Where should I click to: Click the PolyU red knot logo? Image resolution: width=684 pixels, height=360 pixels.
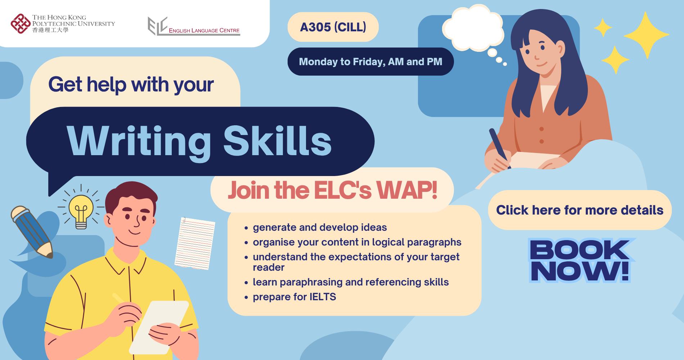pyautogui.click(x=21, y=24)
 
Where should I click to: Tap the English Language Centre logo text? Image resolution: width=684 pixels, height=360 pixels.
pyautogui.click(x=204, y=31)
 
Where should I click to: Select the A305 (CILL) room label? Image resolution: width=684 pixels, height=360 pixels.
pyautogui.click(x=333, y=27)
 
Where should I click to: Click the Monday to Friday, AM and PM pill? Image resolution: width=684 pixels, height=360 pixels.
pyautogui.click(x=370, y=62)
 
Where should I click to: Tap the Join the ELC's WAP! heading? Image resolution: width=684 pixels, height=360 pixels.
pyautogui.click(x=332, y=190)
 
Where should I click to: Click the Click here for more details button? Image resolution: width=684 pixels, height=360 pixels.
pyautogui.click(x=580, y=210)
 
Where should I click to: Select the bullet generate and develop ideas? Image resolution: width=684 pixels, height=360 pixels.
pyautogui.click(x=320, y=228)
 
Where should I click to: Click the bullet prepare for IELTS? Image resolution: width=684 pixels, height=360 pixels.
pyautogui.click(x=294, y=297)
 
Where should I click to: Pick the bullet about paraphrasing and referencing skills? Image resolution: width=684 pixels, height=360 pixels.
pyautogui.click(x=351, y=282)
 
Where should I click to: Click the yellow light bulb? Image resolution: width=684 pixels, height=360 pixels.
pyautogui.click(x=81, y=211)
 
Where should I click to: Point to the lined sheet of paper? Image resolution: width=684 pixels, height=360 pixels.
pyautogui.click(x=195, y=243)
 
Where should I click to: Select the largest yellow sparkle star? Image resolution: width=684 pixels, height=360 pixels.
pyautogui.click(x=647, y=35)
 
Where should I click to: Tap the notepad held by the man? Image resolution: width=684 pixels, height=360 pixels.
pyautogui.click(x=158, y=326)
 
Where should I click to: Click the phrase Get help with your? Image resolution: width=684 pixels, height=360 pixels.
pyautogui.click(x=131, y=85)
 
